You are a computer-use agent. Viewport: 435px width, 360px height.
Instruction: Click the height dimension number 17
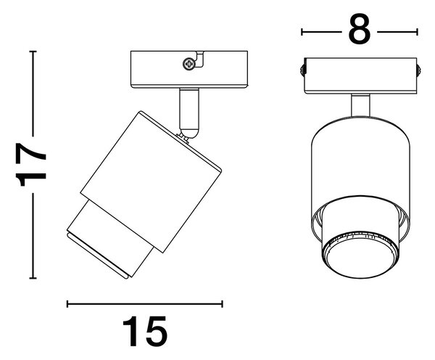coord(31,165)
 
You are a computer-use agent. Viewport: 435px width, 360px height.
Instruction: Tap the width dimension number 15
coord(145,332)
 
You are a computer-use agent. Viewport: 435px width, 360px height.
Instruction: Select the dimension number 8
coord(360,29)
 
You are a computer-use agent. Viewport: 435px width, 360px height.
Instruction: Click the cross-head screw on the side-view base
coord(189,64)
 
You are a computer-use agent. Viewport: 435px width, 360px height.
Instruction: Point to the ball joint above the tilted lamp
coord(189,134)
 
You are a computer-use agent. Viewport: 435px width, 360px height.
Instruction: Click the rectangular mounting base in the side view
coord(189,70)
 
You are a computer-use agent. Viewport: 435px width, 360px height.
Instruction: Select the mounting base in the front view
coord(360,75)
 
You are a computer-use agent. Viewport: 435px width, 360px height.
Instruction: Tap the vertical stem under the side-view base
coord(189,109)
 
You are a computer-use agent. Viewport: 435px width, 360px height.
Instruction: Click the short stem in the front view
coord(360,105)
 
